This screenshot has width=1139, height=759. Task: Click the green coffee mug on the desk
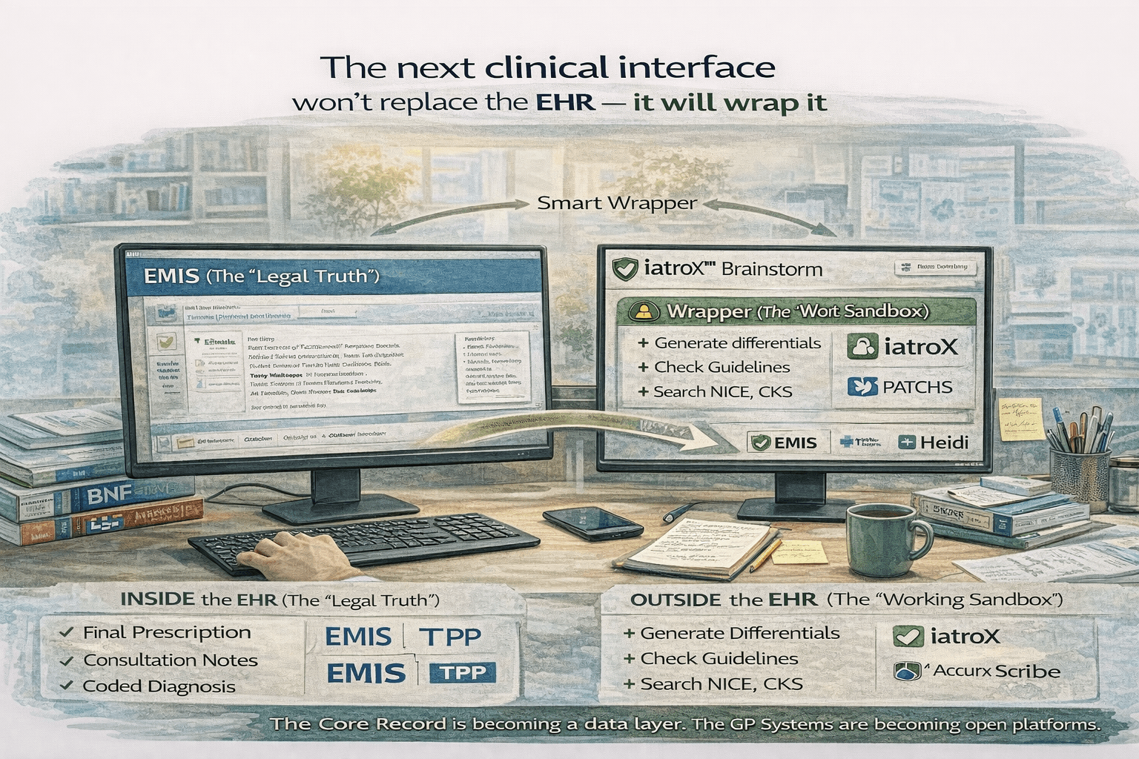pyautogui.click(x=882, y=539)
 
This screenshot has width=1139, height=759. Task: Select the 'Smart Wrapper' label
pyautogui.click(x=617, y=202)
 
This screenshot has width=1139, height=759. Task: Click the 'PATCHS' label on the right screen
pyautogui.click(x=917, y=387)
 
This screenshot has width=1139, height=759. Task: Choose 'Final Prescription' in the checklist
pyautogui.click(x=167, y=632)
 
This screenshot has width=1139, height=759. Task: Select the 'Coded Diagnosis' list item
pyautogui.click(x=159, y=686)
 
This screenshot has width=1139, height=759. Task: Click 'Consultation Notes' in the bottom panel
pyautogui.click(x=171, y=660)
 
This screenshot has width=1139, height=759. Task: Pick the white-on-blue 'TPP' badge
pyautogui.click(x=463, y=672)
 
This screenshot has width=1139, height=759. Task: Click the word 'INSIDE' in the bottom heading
pyautogui.click(x=157, y=600)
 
